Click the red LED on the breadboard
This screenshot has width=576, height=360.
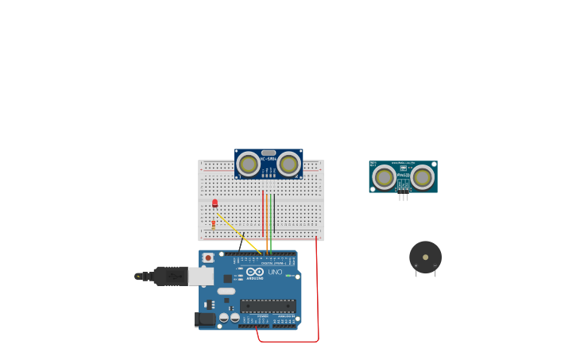click(215, 203)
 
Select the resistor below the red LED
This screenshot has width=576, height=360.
click(214, 223)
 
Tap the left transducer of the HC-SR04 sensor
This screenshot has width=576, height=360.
click(248, 165)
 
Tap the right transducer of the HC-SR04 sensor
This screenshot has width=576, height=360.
click(288, 165)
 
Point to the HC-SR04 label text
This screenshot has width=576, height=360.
click(268, 159)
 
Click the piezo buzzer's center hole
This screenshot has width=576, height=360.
click(426, 257)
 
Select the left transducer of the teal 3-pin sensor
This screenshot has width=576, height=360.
click(385, 177)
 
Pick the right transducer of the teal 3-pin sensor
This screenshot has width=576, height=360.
click(422, 177)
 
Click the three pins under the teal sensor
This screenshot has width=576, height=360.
click(404, 195)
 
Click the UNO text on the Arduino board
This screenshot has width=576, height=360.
click(275, 272)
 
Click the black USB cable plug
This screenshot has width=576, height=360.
click(170, 276)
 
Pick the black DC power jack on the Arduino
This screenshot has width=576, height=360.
click(206, 319)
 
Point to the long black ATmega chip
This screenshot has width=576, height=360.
click(268, 306)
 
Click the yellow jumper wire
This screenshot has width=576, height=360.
click(238, 234)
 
